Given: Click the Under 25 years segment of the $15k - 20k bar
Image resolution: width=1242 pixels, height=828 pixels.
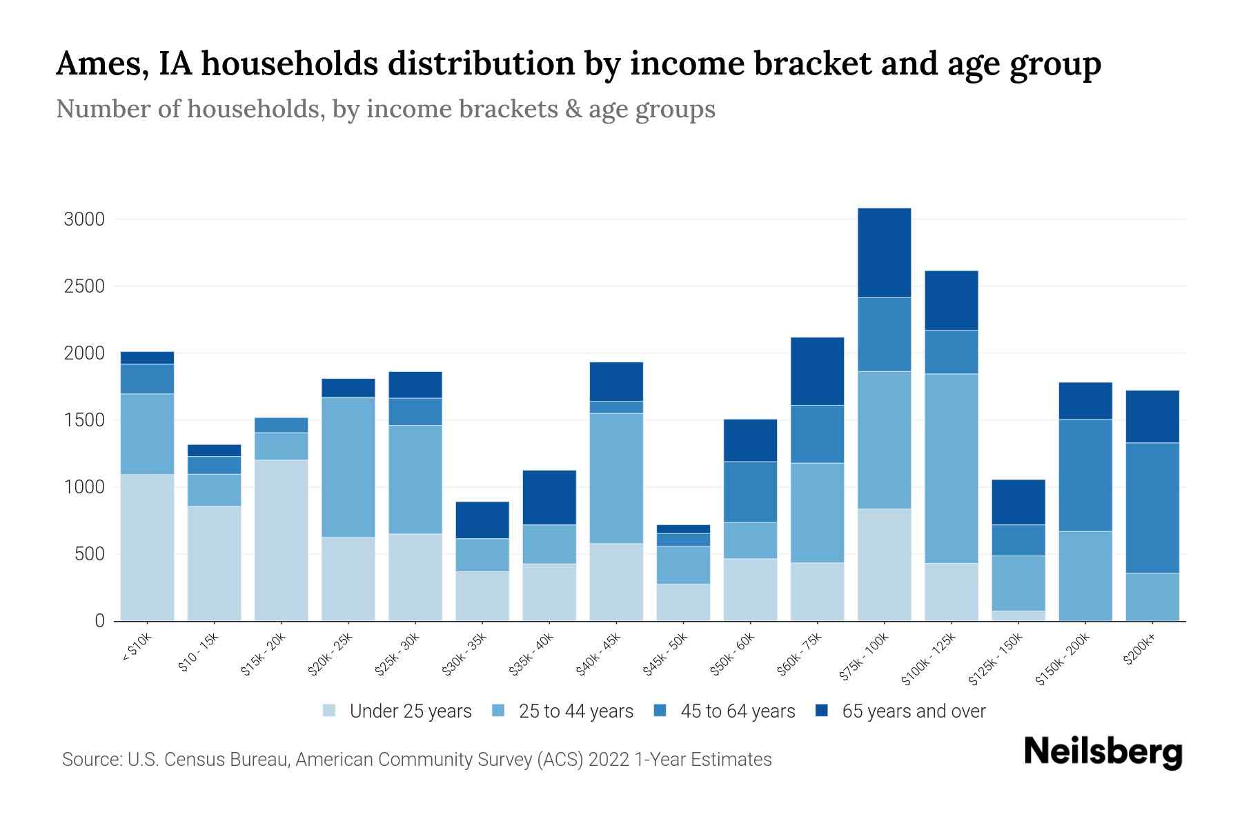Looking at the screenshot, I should [281, 540].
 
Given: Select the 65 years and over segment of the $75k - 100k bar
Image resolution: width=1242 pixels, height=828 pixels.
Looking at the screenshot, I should [884, 253].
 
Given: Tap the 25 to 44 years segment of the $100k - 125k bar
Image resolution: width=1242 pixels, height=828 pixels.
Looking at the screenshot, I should [951, 469].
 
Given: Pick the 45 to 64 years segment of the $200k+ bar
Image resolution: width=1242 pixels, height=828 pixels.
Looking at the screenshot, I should [1152, 508].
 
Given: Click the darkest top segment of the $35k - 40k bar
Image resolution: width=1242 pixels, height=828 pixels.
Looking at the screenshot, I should [549, 497].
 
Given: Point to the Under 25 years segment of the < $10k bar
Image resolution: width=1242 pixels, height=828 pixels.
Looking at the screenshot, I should [147, 547].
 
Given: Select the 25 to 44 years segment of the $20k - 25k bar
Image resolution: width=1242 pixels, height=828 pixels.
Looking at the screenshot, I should [348, 467].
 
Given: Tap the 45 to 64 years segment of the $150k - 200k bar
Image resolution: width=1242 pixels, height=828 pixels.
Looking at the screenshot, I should [1085, 475].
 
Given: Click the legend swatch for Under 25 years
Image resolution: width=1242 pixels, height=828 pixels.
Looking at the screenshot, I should [329, 711].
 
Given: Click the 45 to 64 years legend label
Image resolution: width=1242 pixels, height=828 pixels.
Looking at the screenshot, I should [737, 711].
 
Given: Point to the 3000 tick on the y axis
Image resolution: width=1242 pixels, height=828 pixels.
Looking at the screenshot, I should [84, 220].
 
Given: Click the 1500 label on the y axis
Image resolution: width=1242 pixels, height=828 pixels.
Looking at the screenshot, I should [84, 421].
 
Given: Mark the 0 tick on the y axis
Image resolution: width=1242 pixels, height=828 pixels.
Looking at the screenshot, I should [99, 622].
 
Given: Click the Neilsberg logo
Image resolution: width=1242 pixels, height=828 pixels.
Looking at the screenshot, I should [1103, 752].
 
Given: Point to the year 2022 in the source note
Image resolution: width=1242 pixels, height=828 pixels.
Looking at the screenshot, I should [609, 760].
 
